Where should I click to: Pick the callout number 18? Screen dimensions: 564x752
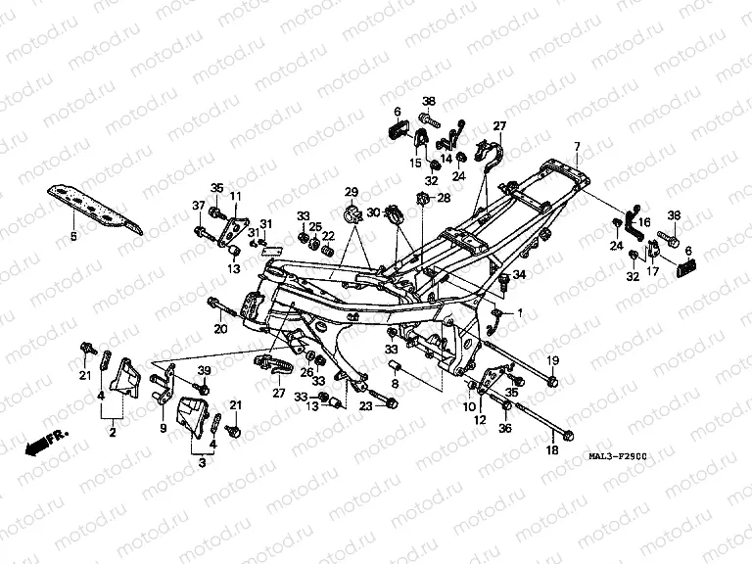tap(551, 451)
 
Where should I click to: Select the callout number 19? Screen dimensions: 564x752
tap(552, 361)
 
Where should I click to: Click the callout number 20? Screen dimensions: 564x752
tap(220, 329)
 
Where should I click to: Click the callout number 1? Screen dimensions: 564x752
tap(520, 312)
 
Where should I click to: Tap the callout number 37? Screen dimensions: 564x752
tap(198, 205)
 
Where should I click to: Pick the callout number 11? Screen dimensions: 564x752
tap(235, 197)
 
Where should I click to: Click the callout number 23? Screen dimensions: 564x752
tap(366, 406)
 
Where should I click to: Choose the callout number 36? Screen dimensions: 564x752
tap(505, 428)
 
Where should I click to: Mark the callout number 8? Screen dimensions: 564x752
tap(395, 386)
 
